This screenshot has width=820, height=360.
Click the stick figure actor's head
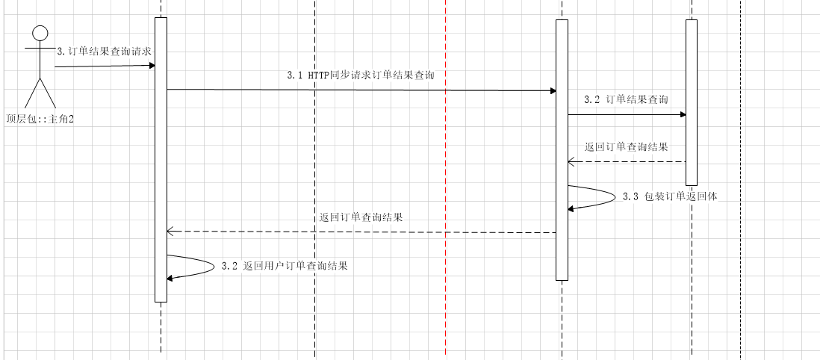click(x=40, y=32)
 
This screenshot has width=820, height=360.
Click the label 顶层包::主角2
click(x=40, y=119)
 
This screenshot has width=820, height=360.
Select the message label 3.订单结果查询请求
click(x=105, y=51)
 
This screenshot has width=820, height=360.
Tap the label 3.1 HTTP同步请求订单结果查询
click(x=361, y=75)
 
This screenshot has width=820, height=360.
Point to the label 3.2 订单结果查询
click(x=626, y=99)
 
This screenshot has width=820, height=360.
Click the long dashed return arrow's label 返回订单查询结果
click(x=361, y=217)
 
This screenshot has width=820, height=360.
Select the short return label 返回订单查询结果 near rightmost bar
click(x=626, y=146)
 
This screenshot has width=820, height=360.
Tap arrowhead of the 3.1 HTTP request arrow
click(x=553, y=91)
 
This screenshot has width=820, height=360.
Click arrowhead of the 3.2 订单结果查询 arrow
click(x=682, y=115)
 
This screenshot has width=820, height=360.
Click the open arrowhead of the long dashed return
click(x=170, y=232)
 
